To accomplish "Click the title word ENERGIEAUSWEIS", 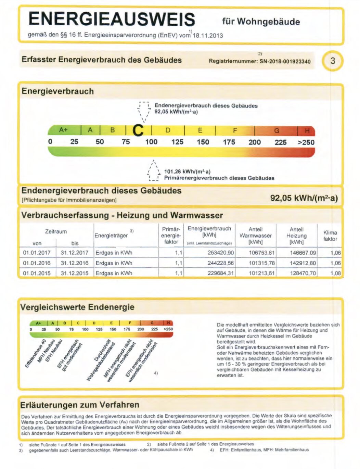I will pyautogui.click(x=112, y=19).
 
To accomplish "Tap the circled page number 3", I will pyautogui.click(x=332, y=61).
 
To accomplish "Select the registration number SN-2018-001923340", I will pyautogui.click(x=285, y=62).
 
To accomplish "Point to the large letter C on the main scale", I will pyautogui.click(x=138, y=130).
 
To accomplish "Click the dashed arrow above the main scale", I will pyautogui.click(x=144, y=112).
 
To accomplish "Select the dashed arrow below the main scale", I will pyautogui.click(x=154, y=171).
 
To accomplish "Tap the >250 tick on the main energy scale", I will pyautogui.click(x=306, y=142).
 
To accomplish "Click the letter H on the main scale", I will pyautogui.click(x=307, y=131).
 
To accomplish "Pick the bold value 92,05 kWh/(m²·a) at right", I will pyautogui.click(x=304, y=198).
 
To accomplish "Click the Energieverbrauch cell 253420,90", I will pyautogui.click(x=221, y=253).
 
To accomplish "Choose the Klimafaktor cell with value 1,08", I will pyautogui.click(x=335, y=274).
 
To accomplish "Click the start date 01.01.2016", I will pyautogui.click(x=37, y=263).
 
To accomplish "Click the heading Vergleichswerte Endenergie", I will pyautogui.click(x=77, y=307).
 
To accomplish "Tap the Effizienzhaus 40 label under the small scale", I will pyautogui.click(x=35, y=354).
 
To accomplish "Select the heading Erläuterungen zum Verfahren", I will pyautogui.click(x=80, y=405).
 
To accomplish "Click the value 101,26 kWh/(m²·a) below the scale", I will pyautogui.click(x=187, y=172).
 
